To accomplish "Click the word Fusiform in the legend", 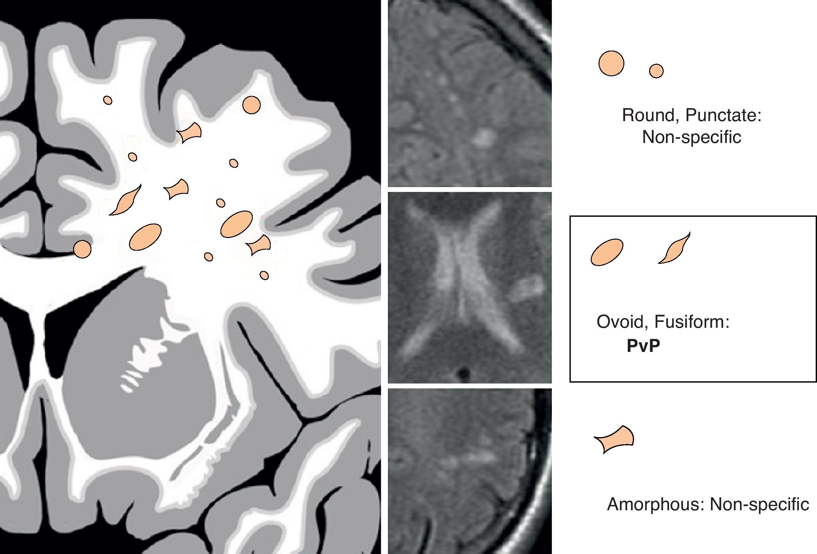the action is tap(692, 322).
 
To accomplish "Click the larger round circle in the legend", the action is tap(611, 63).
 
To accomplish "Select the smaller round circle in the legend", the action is tap(656, 71).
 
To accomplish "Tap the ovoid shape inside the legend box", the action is tap(607, 252).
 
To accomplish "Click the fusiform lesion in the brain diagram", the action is tap(125, 200).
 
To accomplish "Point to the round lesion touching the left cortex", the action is tap(82, 249).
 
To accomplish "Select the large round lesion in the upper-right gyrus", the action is tap(252, 105).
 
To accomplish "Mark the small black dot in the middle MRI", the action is tap(465, 372).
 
